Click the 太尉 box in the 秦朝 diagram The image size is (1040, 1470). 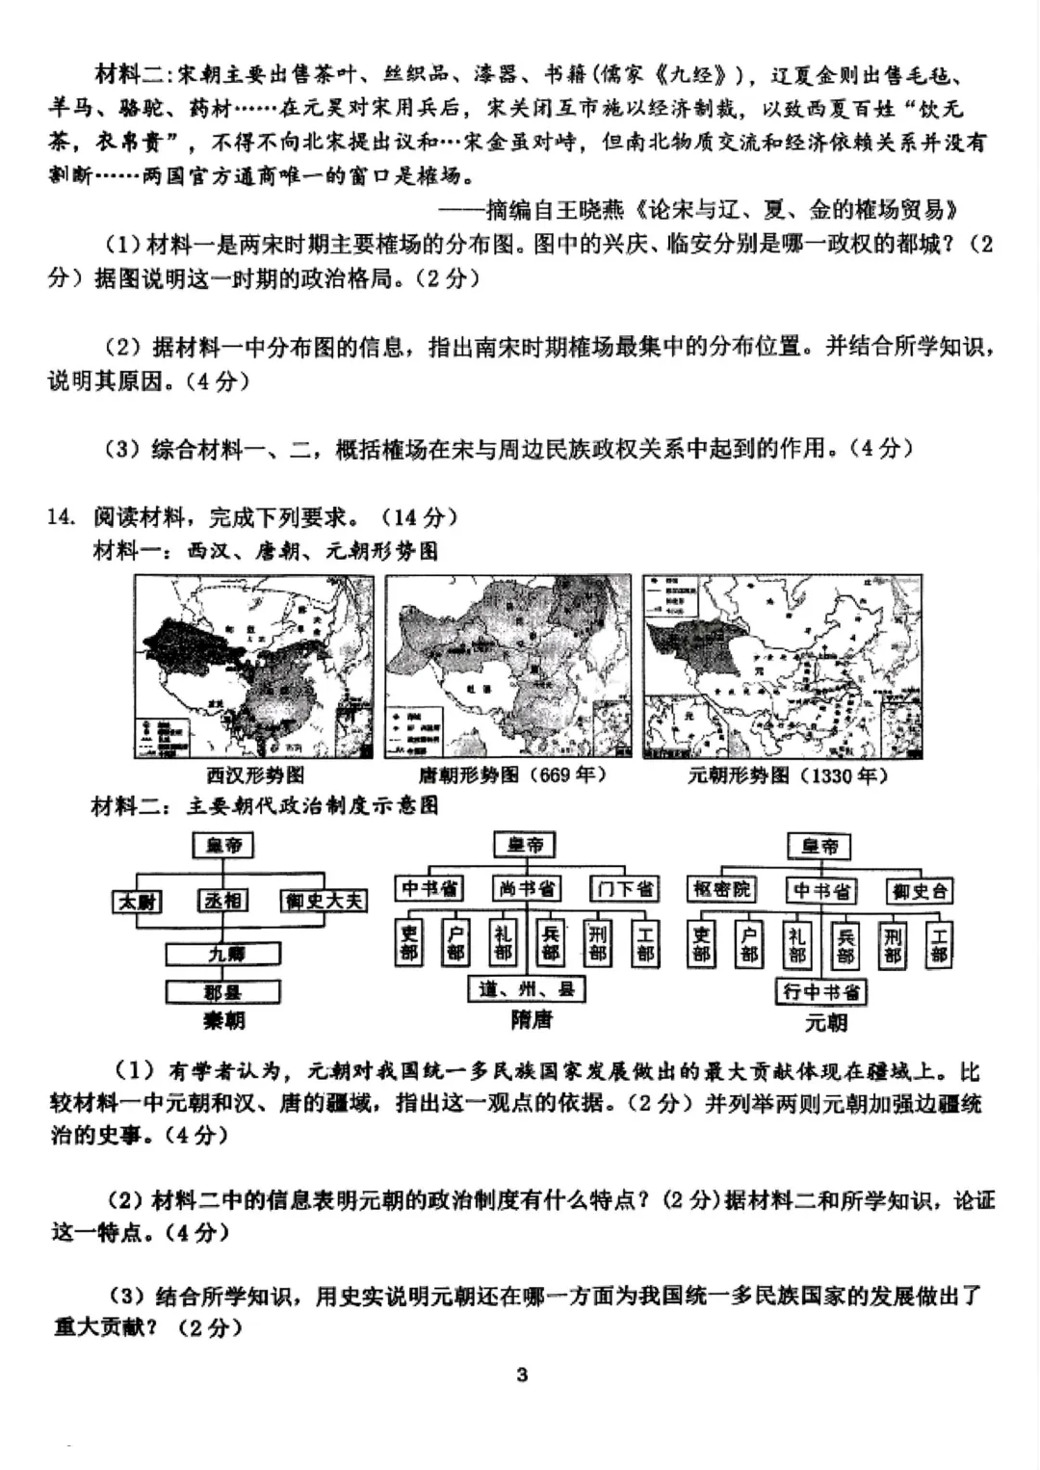138,901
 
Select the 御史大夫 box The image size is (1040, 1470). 324,901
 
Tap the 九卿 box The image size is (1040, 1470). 223,954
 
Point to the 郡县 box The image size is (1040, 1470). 223,991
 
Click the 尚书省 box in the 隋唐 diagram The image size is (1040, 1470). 526,888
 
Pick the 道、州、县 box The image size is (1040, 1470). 526,987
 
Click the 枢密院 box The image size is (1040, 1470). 720,888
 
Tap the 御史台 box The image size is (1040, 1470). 920,890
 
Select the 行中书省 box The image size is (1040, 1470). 821,991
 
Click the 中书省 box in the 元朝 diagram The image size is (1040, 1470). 821,890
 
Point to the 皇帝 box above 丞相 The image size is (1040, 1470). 223,846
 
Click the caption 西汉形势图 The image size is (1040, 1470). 255,775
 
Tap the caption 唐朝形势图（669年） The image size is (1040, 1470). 511,775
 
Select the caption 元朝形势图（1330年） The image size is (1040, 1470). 787,775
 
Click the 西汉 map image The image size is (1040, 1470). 254,667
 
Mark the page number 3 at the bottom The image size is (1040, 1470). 522,1375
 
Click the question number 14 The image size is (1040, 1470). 60,517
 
